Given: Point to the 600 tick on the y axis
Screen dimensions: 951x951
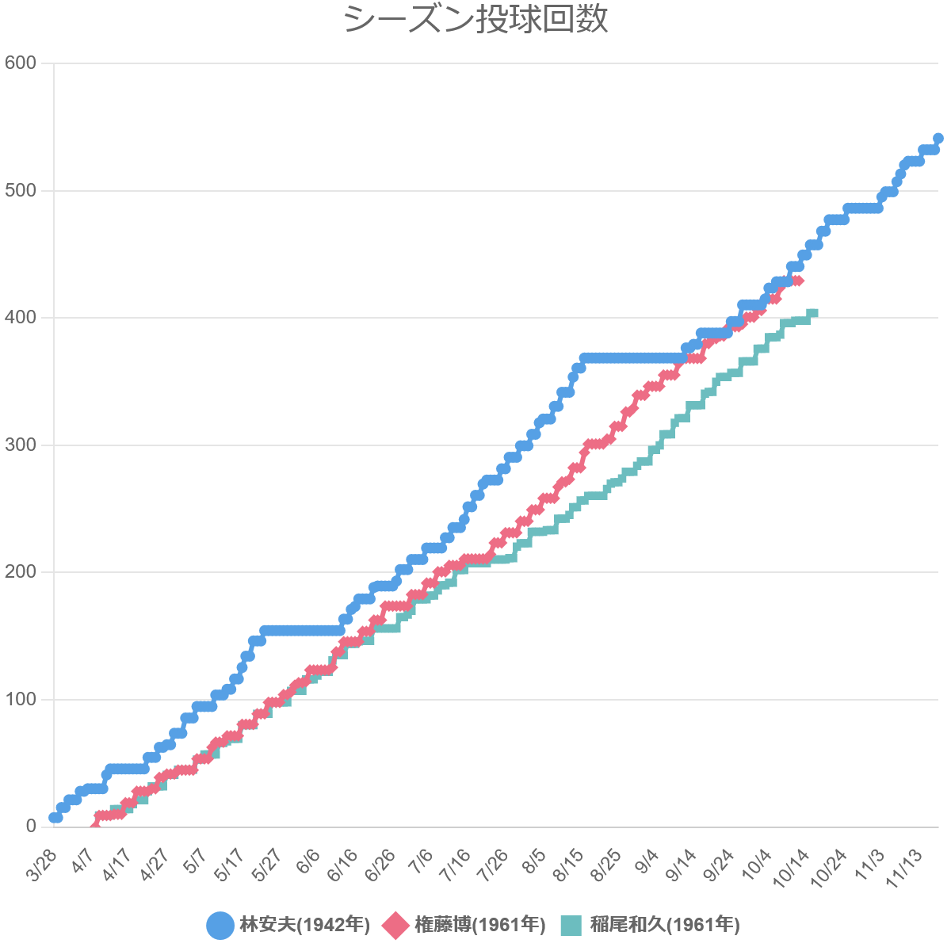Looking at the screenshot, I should pyautogui.click(x=21, y=63).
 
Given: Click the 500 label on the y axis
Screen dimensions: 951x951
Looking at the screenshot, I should pyautogui.click(x=21, y=190).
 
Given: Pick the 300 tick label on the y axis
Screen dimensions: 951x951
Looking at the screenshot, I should pyautogui.click(x=21, y=445).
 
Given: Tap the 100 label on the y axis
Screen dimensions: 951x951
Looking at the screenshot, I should pyautogui.click(x=21, y=699).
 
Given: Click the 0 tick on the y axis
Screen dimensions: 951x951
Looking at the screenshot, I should pyautogui.click(x=32, y=826).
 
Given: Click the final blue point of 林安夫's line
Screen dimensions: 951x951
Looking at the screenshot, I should pyautogui.click(x=938, y=139).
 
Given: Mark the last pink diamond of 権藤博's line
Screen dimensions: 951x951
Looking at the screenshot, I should pyautogui.click(x=798, y=281).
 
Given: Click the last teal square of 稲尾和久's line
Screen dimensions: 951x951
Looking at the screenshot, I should pyautogui.click(x=812, y=314).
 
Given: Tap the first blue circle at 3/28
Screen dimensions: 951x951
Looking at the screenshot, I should pyautogui.click(x=54, y=817).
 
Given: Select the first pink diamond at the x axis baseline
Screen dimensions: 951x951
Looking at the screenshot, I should pyautogui.click(x=95, y=826).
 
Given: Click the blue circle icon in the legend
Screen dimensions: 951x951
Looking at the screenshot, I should pyautogui.click(x=220, y=925).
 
